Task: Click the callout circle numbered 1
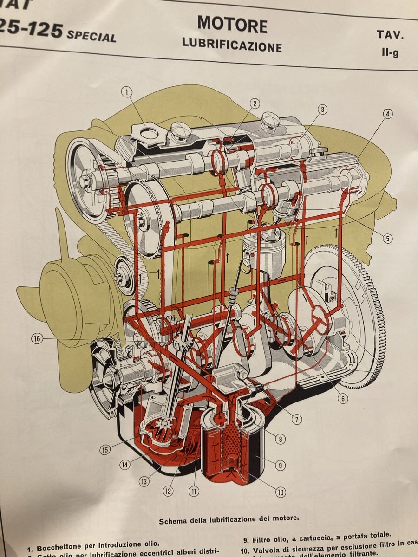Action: (x=126, y=92)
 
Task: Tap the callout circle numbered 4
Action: (x=388, y=113)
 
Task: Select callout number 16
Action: (x=37, y=339)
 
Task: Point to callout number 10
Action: (x=281, y=492)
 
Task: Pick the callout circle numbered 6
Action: (x=343, y=398)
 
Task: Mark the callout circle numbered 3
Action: (x=322, y=110)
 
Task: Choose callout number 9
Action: (x=280, y=465)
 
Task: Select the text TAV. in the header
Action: (x=390, y=35)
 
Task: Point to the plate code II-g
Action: (x=390, y=52)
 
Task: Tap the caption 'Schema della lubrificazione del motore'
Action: (x=229, y=521)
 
